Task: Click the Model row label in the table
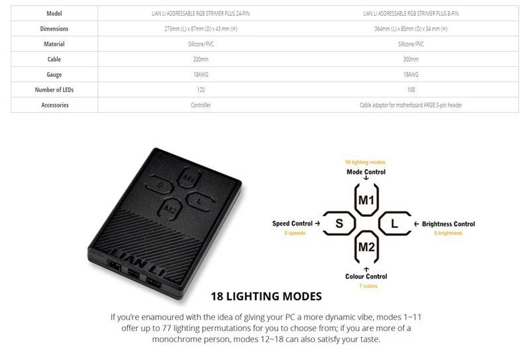click(x=54, y=13)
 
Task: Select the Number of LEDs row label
click(x=54, y=90)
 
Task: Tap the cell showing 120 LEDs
click(x=201, y=90)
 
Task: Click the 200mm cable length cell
click(x=201, y=59)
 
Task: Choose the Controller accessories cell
click(x=201, y=105)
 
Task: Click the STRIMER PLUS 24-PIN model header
click(x=201, y=13)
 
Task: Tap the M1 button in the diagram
click(x=366, y=200)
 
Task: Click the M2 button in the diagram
click(x=366, y=247)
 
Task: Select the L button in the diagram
click(x=394, y=224)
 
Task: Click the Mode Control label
click(x=366, y=172)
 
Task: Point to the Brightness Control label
click(x=449, y=224)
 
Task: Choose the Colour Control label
click(x=366, y=276)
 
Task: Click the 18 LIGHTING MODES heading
click(x=266, y=296)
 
